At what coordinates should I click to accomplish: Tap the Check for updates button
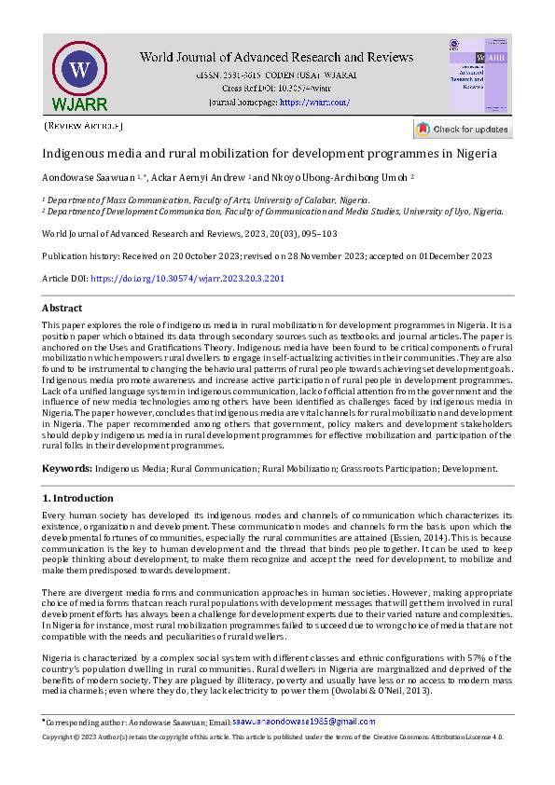463,129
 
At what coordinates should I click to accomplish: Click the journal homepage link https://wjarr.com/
314,102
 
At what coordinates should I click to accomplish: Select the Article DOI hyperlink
187,279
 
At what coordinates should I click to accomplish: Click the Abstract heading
62,308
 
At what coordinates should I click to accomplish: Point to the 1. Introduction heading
78,499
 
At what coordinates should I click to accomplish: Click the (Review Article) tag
83,125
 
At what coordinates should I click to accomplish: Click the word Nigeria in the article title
473,153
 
